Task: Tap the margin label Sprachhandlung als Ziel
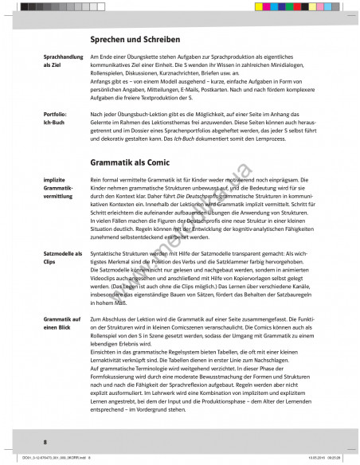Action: [x=61, y=63]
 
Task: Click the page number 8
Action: [x=45, y=441]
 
